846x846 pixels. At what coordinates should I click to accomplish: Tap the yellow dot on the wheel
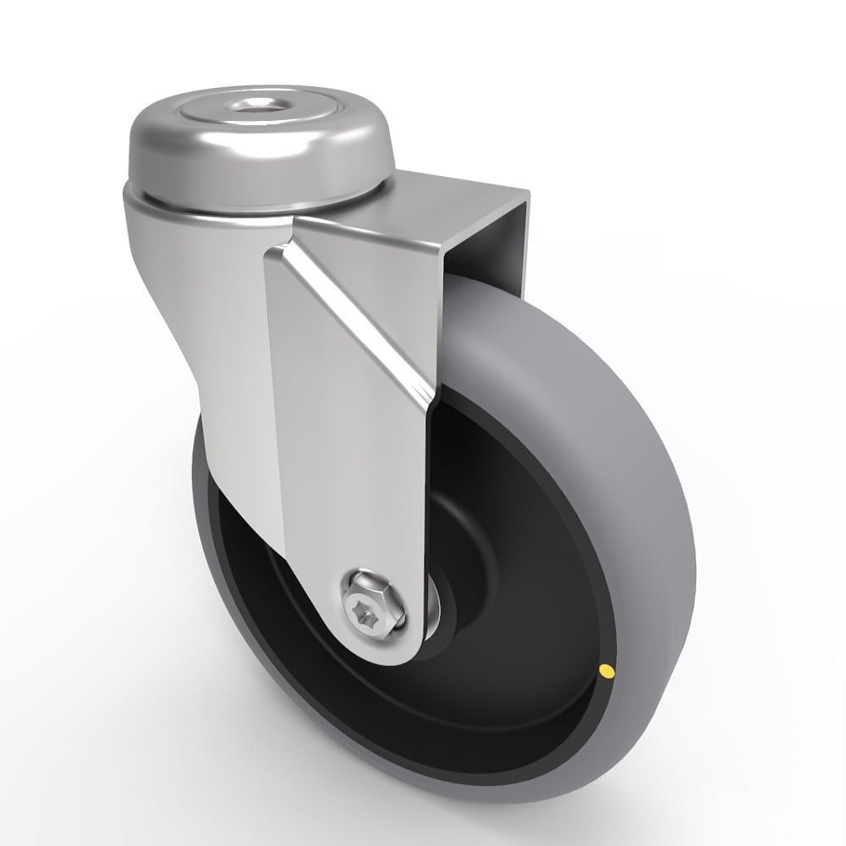coord(606,673)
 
